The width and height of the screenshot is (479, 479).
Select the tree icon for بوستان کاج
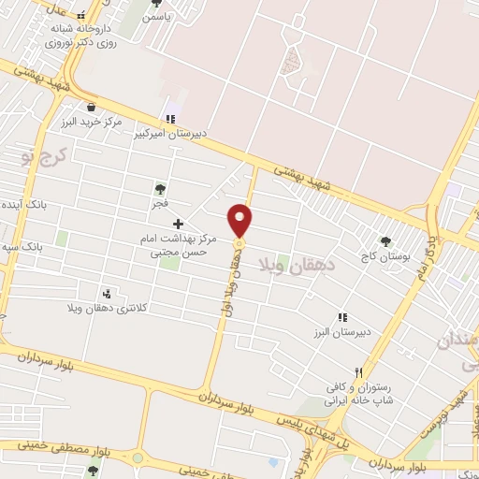tap(385, 239)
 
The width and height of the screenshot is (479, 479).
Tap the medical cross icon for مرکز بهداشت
tap(178, 224)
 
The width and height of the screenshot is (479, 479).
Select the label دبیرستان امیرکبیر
tap(168, 134)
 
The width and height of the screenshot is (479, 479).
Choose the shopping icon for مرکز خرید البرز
tap(91, 108)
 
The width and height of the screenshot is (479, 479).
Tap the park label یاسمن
tap(156, 18)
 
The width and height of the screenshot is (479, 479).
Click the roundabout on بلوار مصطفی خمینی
tap(138, 458)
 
